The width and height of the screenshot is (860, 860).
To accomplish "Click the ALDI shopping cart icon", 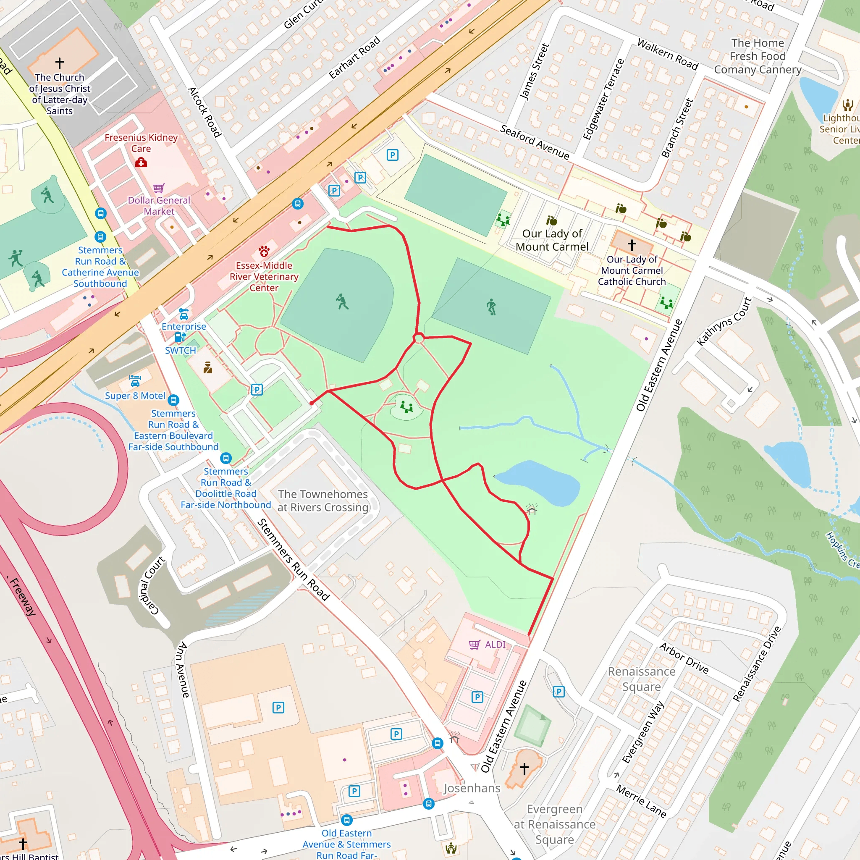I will point(475,645).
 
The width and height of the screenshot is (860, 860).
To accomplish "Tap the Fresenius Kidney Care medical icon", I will point(141,163).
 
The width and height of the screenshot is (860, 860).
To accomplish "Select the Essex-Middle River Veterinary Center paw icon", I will point(264,252).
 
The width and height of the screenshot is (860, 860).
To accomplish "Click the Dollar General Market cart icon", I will point(159,188).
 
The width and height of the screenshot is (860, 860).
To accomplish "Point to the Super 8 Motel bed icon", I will point(135,380).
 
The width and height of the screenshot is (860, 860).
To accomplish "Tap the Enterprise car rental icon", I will point(184,314).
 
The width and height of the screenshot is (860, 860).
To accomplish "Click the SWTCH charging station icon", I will point(180,338).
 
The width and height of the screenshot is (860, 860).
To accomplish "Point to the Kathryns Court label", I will point(724,321).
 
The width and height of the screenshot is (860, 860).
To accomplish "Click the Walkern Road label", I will point(667,54).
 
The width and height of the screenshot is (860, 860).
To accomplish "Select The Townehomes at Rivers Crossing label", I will point(323,501).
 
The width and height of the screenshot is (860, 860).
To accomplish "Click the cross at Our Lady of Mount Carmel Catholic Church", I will point(632,245).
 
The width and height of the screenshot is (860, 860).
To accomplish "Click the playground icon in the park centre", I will point(406,407).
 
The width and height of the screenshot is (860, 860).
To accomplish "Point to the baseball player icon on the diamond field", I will point(342,302).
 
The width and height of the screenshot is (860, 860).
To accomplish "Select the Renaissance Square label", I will point(642,679).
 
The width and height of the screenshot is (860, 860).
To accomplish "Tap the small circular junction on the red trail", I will point(418,339).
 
